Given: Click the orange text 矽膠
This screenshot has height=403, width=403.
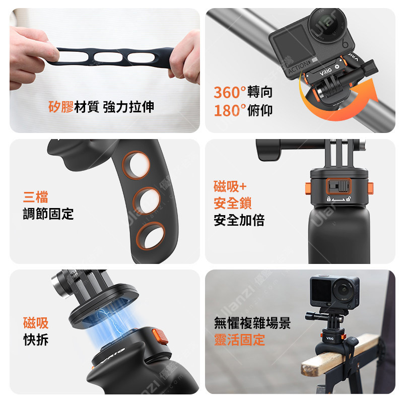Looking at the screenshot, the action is [x=61, y=107].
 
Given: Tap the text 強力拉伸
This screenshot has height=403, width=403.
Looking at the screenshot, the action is [x=129, y=107].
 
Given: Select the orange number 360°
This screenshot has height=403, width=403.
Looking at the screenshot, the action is [x=230, y=92].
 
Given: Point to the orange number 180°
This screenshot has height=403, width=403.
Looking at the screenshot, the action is [x=230, y=110].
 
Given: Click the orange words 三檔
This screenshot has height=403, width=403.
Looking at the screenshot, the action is [x=35, y=197].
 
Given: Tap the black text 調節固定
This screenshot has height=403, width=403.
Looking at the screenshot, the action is [x=48, y=214].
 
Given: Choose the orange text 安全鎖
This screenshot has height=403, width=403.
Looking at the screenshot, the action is [x=233, y=203].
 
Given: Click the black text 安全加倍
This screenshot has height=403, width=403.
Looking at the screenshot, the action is [x=239, y=220].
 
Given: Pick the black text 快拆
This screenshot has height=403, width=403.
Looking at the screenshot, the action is [x=36, y=340].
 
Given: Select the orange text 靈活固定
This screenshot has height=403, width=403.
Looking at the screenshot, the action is [x=239, y=340].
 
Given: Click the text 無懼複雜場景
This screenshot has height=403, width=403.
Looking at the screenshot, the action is [x=252, y=323].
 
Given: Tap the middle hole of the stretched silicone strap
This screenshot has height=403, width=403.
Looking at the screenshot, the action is [x=108, y=57].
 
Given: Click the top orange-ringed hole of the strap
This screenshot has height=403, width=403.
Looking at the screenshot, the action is [x=136, y=165].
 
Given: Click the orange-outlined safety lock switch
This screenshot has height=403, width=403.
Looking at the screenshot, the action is [x=339, y=186].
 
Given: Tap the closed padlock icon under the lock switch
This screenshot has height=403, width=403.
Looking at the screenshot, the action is [x=328, y=199].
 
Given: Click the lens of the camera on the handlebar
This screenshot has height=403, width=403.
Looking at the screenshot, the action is [x=327, y=24].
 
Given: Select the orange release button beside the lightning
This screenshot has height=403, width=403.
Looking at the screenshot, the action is [x=160, y=336].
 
